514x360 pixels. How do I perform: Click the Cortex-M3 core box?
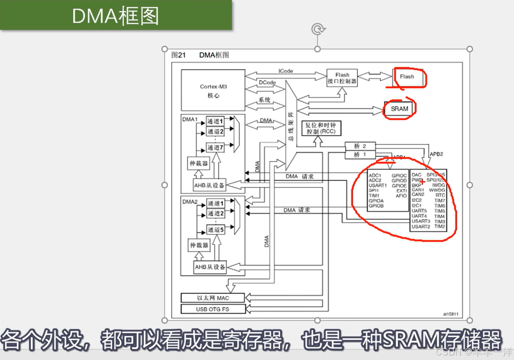pyautogui.click(x=213, y=90)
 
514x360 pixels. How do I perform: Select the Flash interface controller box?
pyautogui.click(x=342, y=78)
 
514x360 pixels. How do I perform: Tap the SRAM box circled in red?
pyautogui.click(x=399, y=109)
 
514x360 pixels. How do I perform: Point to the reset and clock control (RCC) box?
pyautogui.click(x=321, y=128)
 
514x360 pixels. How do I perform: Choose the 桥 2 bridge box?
pyautogui.click(x=360, y=146)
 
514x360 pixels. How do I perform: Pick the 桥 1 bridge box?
pyautogui.click(x=360, y=154)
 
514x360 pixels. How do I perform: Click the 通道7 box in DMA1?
pyautogui.click(x=215, y=147)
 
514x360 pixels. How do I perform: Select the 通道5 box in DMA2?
pyautogui.click(x=215, y=230)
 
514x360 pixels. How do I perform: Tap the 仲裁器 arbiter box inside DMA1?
pyautogui.click(x=199, y=164)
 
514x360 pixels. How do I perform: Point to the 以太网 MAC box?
pyautogui.click(x=212, y=298)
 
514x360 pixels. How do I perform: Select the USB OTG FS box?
pyautogui.click(x=212, y=309)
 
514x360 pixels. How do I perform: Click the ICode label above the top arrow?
pyautogui.click(x=286, y=71)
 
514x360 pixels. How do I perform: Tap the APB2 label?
pyautogui.click(x=436, y=154)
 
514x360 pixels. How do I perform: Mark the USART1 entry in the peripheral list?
pyautogui.click(x=378, y=185)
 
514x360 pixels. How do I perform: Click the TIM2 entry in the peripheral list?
pyautogui.click(x=440, y=226)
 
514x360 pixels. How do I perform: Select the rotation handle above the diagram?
pyautogui.click(x=318, y=29)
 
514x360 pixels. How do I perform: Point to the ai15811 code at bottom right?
pyautogui.click(x=451, y=314)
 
